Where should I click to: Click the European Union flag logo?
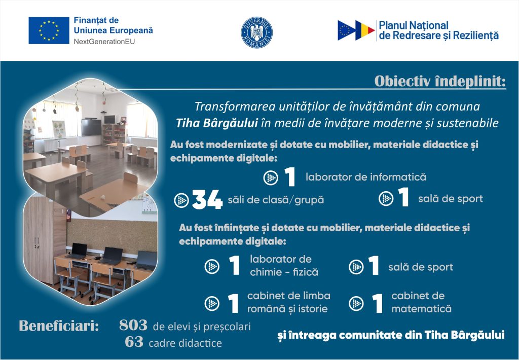click(49, 30)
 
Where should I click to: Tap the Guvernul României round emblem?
click(256, 32)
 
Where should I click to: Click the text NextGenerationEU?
click(104, 42)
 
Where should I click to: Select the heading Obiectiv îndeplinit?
click(440, 82)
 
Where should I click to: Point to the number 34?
click(207, 200)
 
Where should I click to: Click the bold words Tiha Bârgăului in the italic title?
click(217, 123)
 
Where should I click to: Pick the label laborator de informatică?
click(366, 177)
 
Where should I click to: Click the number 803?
click(133, 325)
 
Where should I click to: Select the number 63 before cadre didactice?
click(134, 342)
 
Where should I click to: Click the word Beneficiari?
click(59, 326)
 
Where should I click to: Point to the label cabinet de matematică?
click(421, 302)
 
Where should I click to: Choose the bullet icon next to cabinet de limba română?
click(212, 303)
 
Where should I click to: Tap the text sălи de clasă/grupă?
click(276, 200)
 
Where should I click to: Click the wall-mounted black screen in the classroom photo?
click(91, 127)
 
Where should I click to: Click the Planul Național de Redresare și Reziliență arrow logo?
click(356, 30)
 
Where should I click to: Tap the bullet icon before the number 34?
click(181, 200)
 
